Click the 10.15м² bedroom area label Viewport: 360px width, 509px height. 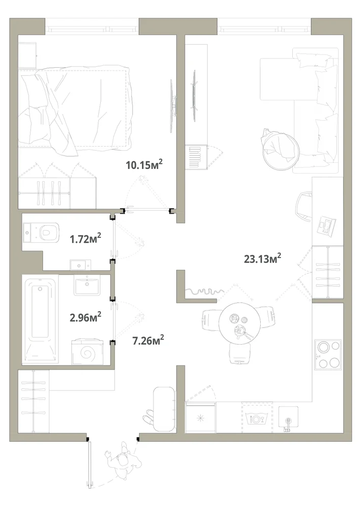[x=144, y=164]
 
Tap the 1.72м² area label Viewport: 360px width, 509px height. [x=86, y=239]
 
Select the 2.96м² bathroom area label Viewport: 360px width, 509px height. [x=86, y=317]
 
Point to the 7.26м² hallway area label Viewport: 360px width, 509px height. [x=148, y=341]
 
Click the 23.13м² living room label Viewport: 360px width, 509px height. [x=262, y=259]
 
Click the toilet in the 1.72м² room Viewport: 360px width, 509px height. [x=41, y=232]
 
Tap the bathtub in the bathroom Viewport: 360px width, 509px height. [x=40, y=319]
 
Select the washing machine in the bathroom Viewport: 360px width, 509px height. [x=87, y=352]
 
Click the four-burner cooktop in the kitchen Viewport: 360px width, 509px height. [x=327, y=355]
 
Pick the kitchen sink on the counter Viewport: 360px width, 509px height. [x=288, y=419]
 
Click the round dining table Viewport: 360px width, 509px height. [x=239, y=323]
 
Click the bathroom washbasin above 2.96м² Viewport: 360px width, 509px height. [x=87, y=285]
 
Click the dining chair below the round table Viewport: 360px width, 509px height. [x=240, y=353]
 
